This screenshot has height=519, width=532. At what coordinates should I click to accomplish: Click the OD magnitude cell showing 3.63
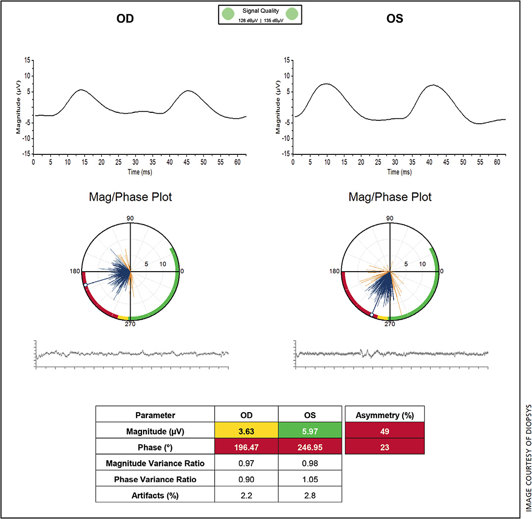[246, 431]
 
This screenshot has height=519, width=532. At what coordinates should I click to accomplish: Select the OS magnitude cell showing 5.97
[310, 431]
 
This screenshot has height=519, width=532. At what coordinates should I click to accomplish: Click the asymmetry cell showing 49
[385, 431]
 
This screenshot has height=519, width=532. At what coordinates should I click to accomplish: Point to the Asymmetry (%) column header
[385, 415]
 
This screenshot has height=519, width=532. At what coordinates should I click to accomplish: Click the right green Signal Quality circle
[292, 14]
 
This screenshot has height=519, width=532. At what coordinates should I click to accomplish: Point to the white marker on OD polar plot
[86, 285]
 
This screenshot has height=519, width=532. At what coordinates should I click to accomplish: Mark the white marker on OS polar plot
[372, 315]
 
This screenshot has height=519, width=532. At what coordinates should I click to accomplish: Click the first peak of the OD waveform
[81, 90]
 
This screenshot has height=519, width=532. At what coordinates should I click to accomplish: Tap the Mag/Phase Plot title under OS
[390, 197]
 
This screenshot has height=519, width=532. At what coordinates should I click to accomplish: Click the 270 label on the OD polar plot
[130, 324]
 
